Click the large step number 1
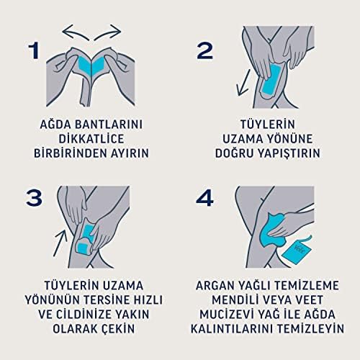(33, 51)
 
